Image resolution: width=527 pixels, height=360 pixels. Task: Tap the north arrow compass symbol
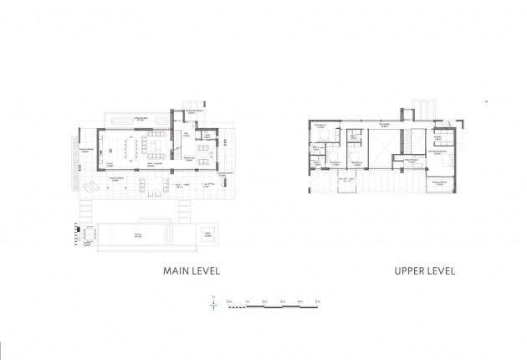(x=214, y=306)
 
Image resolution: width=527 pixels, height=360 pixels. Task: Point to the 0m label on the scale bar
(x=228, y=299)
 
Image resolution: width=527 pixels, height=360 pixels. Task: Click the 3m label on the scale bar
(x=282, y=299)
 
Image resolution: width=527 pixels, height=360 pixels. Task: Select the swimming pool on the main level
(x=134, y=235)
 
